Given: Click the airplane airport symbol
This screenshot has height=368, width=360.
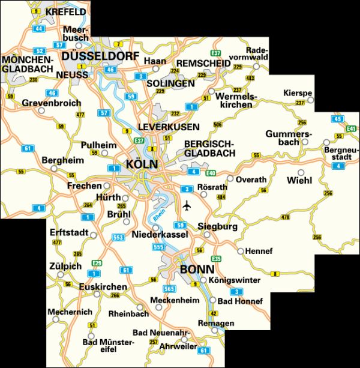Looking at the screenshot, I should [x=187, y=205].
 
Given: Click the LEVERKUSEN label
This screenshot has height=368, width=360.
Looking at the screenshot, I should [x=168, y=127].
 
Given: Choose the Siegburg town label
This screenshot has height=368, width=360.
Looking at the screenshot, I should [x=217, y=226].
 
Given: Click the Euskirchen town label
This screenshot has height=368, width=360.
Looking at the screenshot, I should [x=100, y=287].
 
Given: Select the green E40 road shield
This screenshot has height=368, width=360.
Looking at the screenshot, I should [x=212, y=172].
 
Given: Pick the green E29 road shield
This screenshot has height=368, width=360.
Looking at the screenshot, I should [x=95, y=263].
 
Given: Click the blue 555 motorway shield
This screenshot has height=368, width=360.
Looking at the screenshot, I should [x=159, y=247].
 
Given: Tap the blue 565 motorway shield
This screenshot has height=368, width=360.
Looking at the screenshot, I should [x=170, y=290].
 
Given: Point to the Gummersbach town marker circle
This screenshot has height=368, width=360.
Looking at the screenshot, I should [x=305, y=142].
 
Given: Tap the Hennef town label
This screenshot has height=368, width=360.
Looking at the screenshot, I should [x=259, y=251].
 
